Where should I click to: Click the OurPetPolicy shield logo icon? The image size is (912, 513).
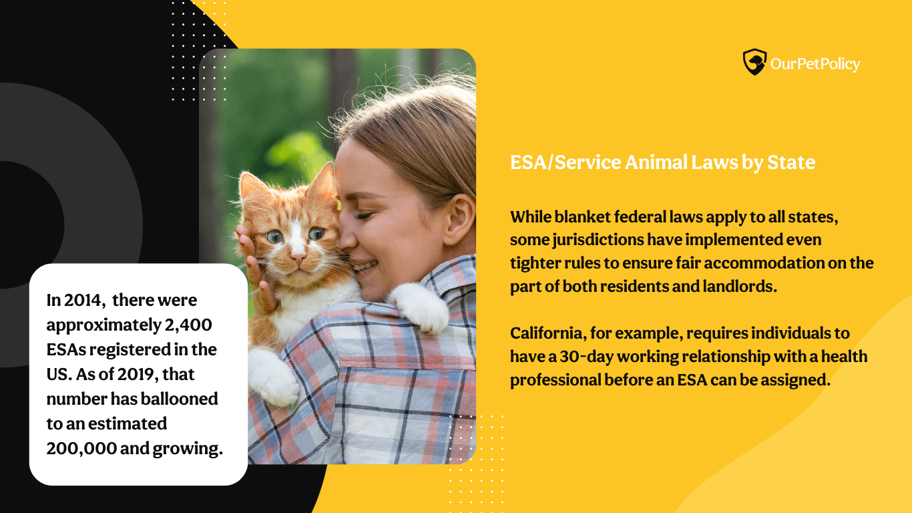754,62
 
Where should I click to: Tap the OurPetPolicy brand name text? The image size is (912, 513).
815,64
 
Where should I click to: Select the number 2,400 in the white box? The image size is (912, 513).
188,325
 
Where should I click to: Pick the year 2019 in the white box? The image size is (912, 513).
138,375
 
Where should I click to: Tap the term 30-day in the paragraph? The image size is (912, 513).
587,357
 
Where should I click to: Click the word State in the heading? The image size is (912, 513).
791,162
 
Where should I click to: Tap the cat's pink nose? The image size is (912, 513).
298,258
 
